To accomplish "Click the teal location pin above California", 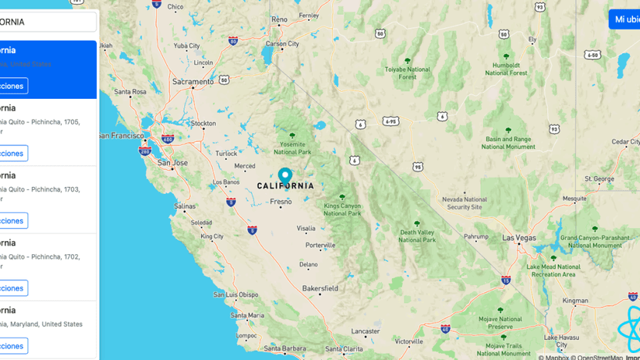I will [x=284, y=176].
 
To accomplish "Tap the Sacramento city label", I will [x=193, y=81].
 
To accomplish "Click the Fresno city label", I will [x=281, y=202].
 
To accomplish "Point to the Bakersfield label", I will [x=320, y=288].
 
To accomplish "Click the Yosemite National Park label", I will [x=292, y=148].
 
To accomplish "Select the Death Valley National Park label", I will [x=417, y=236].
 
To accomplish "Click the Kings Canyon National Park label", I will [x=342, y=209].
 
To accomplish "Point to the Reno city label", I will [x=279, y=19].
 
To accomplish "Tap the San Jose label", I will [x=172, y=163].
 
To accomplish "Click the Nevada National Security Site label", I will [x=465, y=203].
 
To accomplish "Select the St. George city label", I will [x=599, y=178].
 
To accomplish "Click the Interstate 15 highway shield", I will [x=506, y=280].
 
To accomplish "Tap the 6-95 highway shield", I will [x=390, y=121].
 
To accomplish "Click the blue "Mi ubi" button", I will [x=625, y=19].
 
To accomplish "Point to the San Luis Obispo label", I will [x=236, y=294].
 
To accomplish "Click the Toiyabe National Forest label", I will [x=407, y=73].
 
